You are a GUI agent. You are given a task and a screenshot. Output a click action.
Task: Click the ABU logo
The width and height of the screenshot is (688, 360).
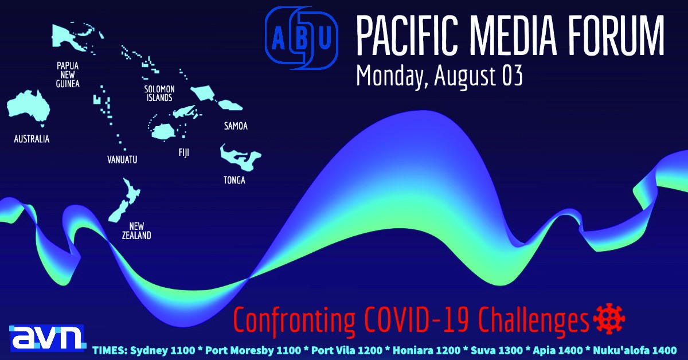coord(302,38)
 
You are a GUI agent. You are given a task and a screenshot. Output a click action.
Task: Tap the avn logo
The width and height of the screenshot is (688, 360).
coord(47,338)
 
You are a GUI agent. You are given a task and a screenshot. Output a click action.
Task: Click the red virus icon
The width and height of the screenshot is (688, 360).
coord(609,319)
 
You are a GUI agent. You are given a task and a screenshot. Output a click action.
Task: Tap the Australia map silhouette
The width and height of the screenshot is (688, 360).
coord(28,107)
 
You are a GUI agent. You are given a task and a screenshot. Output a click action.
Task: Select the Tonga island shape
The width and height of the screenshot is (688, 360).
coord(240,158)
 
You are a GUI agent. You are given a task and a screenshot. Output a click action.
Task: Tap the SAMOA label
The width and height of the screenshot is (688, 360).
coord(236,126)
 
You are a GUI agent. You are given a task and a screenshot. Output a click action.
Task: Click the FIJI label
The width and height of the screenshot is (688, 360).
coord(183,152)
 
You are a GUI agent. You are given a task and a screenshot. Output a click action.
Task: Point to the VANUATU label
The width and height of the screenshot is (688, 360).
coord(122,160)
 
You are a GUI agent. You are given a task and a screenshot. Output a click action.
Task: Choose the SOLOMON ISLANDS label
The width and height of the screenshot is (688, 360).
coord(159,93)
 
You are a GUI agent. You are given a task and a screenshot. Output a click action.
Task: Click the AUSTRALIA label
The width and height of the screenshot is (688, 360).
coord(32,139)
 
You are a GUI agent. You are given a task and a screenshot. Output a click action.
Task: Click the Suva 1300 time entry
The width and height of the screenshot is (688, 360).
coord(497,350)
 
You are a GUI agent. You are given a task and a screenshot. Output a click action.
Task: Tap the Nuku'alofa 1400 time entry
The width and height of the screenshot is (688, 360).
coord(635,350)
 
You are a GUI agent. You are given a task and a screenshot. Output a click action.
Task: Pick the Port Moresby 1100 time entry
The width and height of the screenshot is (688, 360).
coord(253,350)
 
